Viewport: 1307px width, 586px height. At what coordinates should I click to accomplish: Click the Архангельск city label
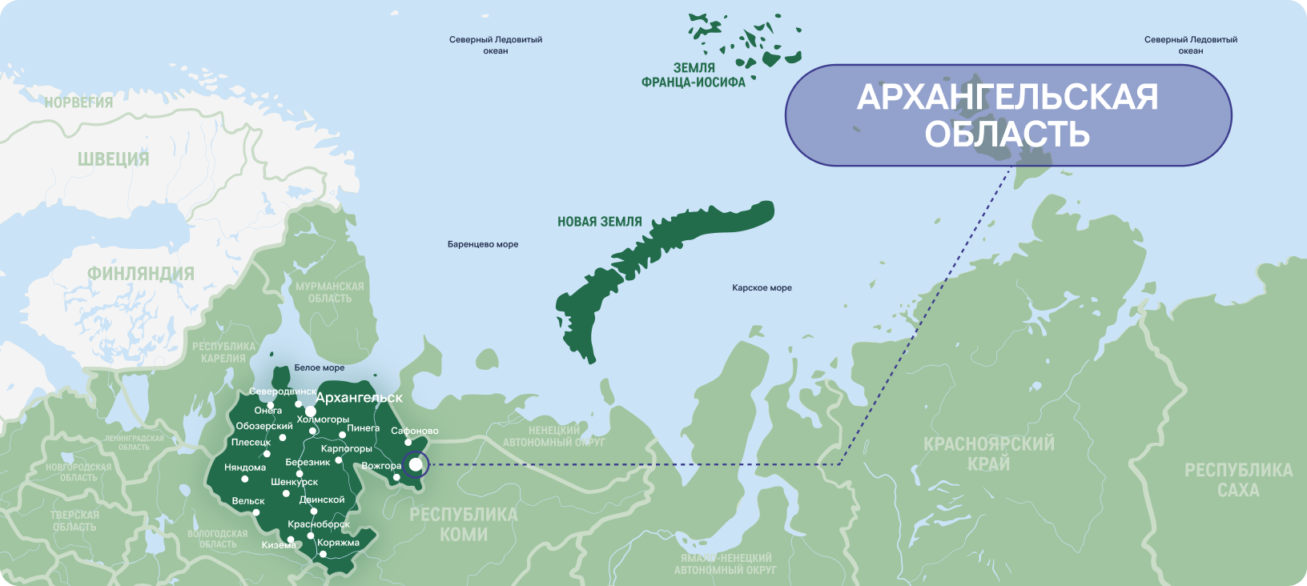[359, 398]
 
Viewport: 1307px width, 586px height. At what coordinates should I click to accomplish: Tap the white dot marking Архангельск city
[310, 411]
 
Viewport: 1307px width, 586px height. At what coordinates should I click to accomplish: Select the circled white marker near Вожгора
[416, 464]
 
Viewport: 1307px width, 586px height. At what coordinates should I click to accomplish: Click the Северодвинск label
[282, 391]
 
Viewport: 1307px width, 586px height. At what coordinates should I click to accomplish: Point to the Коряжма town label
[338, 543]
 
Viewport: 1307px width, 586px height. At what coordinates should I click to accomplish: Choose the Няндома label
[245, 468]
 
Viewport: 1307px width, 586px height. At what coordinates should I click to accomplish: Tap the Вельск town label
[248, 501]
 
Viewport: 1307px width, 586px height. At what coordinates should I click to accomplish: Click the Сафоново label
[414, 431]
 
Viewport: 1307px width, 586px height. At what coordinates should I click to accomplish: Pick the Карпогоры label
[346, 449]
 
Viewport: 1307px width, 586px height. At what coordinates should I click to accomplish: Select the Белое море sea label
[319, 368]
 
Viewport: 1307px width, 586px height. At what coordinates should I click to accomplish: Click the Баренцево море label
[483, 245]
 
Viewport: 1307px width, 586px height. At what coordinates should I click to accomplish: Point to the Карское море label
[762, 288]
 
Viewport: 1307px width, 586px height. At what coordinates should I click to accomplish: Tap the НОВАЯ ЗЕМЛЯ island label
[599, 222]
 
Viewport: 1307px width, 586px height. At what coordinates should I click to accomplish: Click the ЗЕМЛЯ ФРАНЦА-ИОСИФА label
[694, 75]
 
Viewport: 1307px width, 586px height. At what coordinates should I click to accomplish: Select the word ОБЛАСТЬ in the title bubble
[1007, 134]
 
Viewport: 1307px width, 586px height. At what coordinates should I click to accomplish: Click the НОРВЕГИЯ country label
[78, 102]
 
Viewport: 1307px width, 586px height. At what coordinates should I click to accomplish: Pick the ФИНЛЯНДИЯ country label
[141, 274]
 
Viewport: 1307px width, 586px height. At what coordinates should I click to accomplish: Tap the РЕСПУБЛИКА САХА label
[1238, 480]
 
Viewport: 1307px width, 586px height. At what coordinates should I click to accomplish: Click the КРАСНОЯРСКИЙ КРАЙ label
[988, 454]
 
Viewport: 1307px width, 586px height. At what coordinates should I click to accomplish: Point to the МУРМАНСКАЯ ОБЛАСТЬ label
[330, 292]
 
